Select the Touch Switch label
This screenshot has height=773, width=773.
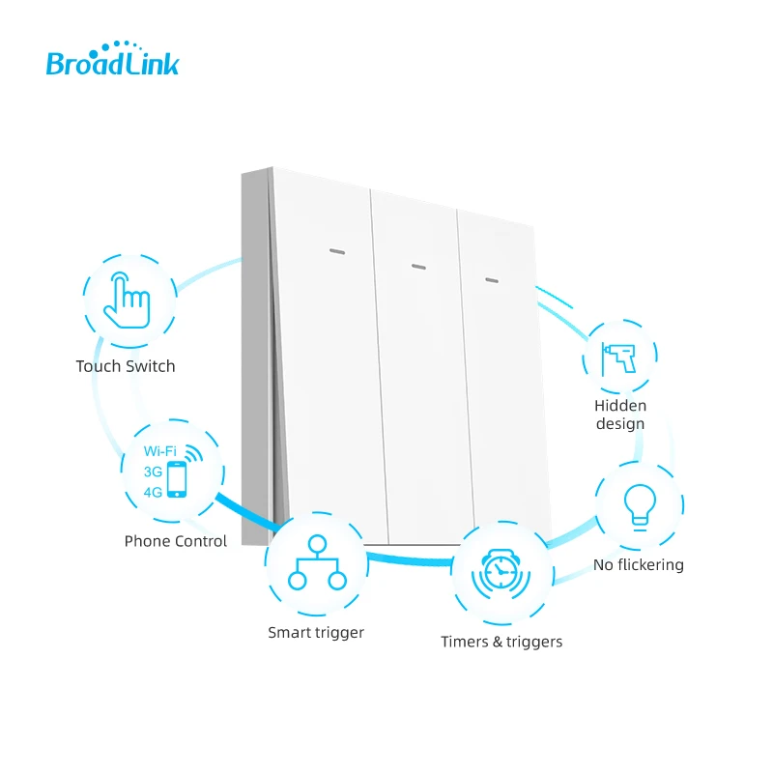pos(126,366)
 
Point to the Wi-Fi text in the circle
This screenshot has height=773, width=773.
pos(160,451)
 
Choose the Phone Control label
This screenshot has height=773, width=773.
pos(175,541)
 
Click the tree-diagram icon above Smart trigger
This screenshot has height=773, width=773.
pos(316,565)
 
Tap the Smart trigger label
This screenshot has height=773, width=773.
pos(316,633)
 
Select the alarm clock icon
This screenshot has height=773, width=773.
pos(501,574)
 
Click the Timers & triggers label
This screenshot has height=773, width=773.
pos(501,642)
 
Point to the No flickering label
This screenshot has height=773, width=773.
pos(638,564)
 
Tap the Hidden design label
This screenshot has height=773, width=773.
pos(620,415)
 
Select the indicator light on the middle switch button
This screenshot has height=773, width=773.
pos(417,266)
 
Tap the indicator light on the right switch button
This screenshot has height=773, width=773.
pos(491,281)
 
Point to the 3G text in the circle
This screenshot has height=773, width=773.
pos(152,471)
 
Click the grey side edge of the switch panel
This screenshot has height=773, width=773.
pos(256,358)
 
